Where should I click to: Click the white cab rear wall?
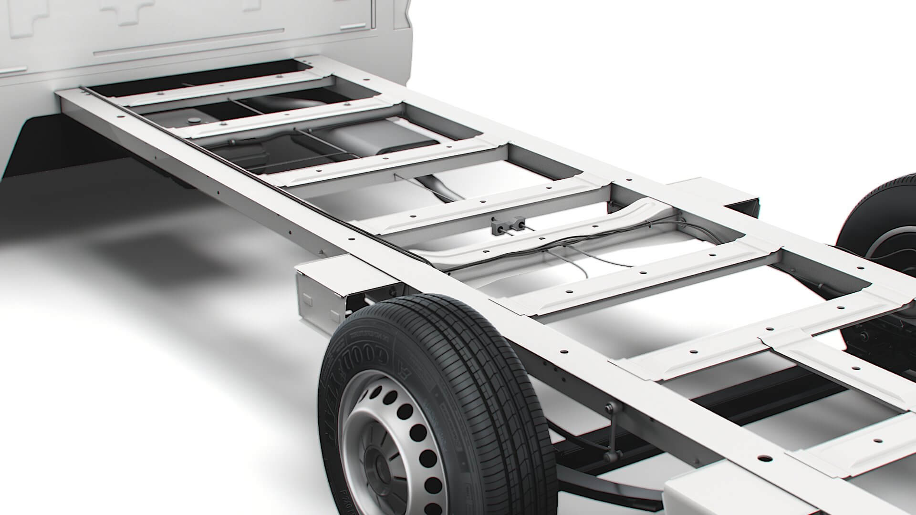[191, 33]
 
